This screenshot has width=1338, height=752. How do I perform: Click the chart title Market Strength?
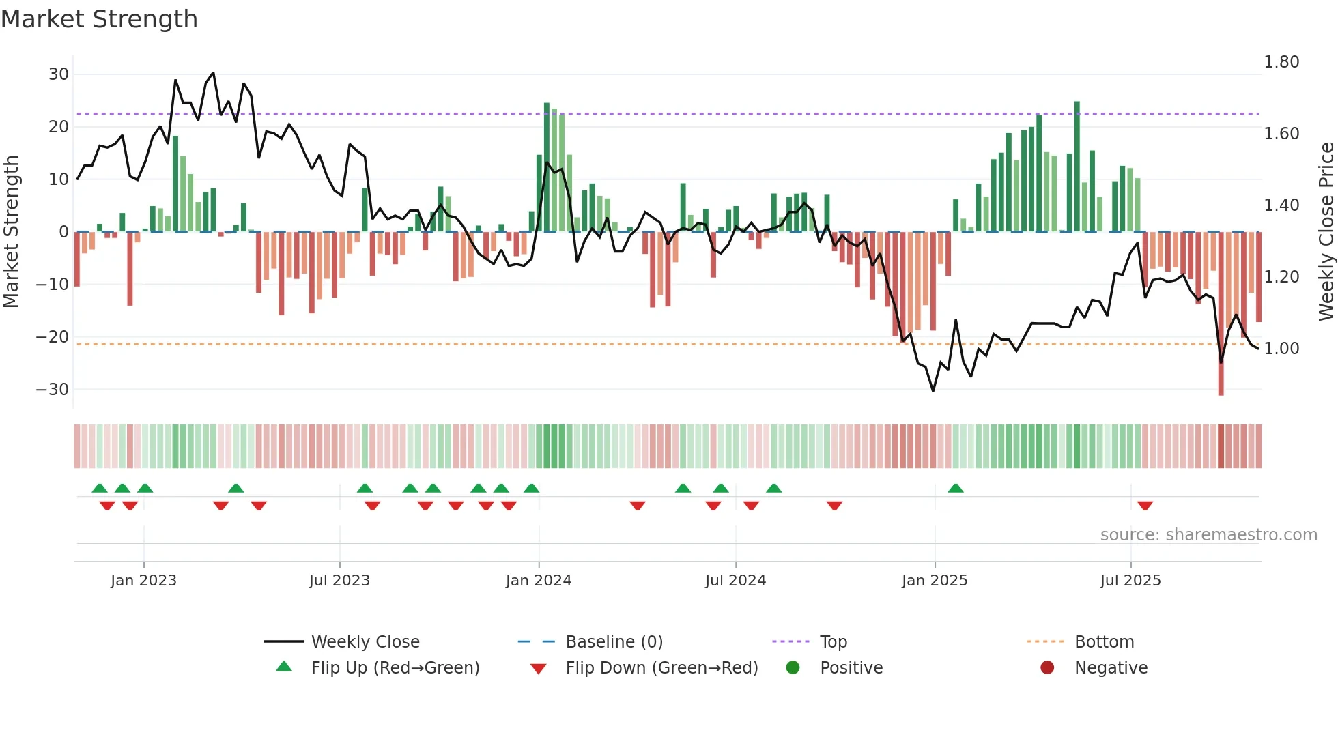[99, 19]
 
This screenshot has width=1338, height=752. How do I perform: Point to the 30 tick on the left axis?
[59, 74]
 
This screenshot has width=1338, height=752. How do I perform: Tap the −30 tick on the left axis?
[53, 389]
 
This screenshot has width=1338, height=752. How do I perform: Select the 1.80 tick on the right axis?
[1281, 62]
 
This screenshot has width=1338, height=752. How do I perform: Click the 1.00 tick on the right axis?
[1281, 348]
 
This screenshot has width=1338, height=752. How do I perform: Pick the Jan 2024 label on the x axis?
[538, 580]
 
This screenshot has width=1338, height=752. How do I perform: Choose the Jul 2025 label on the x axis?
[1130, 580]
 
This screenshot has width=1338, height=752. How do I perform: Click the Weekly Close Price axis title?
[1326, 232]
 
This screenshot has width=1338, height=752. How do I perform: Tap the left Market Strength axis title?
[11, 232]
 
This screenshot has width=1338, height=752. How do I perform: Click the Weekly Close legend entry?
[365, 641]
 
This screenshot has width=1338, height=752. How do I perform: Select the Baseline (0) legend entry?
[614, 641]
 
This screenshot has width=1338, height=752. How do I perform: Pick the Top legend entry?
[833, 641]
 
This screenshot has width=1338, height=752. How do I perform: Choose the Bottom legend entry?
[1104, 641]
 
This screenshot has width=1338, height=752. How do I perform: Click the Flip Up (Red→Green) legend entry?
[395, 667]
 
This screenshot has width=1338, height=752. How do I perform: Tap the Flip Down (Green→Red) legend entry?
[661, 667]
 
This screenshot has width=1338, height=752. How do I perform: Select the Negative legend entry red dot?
[1047, 667]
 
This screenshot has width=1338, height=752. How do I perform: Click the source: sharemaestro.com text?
[1208, 534]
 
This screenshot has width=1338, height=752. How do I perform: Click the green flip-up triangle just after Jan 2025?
[956, 488]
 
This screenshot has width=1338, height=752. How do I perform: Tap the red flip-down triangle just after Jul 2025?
[1145, 506]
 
